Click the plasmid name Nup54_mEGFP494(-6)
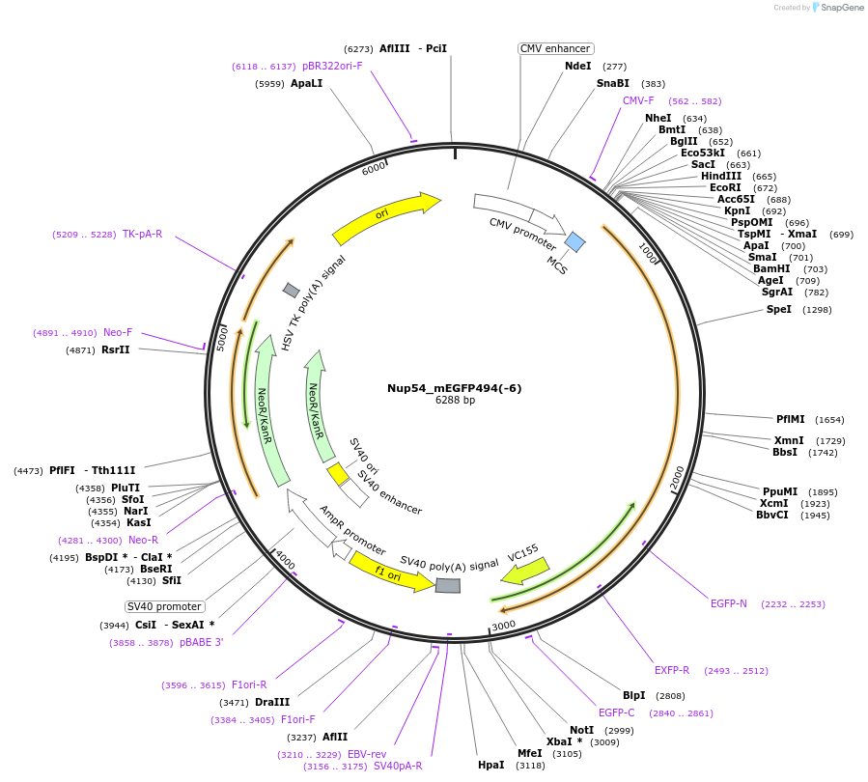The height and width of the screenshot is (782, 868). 454,388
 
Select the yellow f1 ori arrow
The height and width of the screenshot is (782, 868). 391,572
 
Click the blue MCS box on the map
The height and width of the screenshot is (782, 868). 575,241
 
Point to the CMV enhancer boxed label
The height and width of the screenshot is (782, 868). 555,48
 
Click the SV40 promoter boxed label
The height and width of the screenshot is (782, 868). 165,606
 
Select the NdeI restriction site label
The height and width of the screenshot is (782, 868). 578,67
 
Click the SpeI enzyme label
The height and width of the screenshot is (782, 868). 778,309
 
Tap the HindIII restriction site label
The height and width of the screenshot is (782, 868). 721,176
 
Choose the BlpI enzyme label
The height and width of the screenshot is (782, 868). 634,695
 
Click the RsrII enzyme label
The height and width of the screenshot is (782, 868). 115,349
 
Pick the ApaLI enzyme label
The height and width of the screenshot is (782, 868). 306,84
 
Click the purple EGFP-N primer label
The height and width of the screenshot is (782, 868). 729,603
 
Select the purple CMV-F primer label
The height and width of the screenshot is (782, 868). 638,100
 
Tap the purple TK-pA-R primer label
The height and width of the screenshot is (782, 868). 142,234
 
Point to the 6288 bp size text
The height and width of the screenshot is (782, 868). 455,400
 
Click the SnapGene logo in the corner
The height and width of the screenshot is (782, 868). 838,8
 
